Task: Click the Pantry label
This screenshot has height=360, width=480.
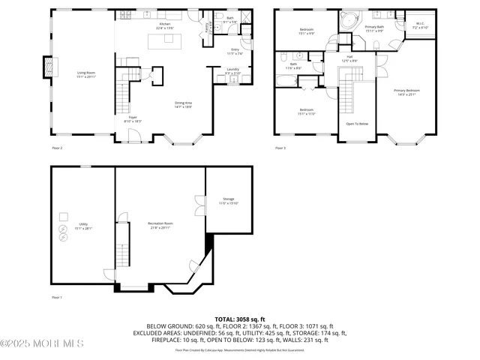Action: point(208,28)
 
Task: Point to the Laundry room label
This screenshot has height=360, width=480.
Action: point(232,70)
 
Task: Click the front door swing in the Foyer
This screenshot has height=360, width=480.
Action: point(133,135)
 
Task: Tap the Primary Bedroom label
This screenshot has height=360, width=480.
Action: point(407,92)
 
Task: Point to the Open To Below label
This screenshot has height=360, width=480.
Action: point(356,124)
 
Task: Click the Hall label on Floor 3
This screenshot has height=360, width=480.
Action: point(349,58)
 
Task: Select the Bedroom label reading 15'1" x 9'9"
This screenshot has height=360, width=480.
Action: point(306,31)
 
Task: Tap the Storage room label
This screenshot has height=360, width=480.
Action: point(228,202)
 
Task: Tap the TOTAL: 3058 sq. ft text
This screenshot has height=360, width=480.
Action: point(240,319)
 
